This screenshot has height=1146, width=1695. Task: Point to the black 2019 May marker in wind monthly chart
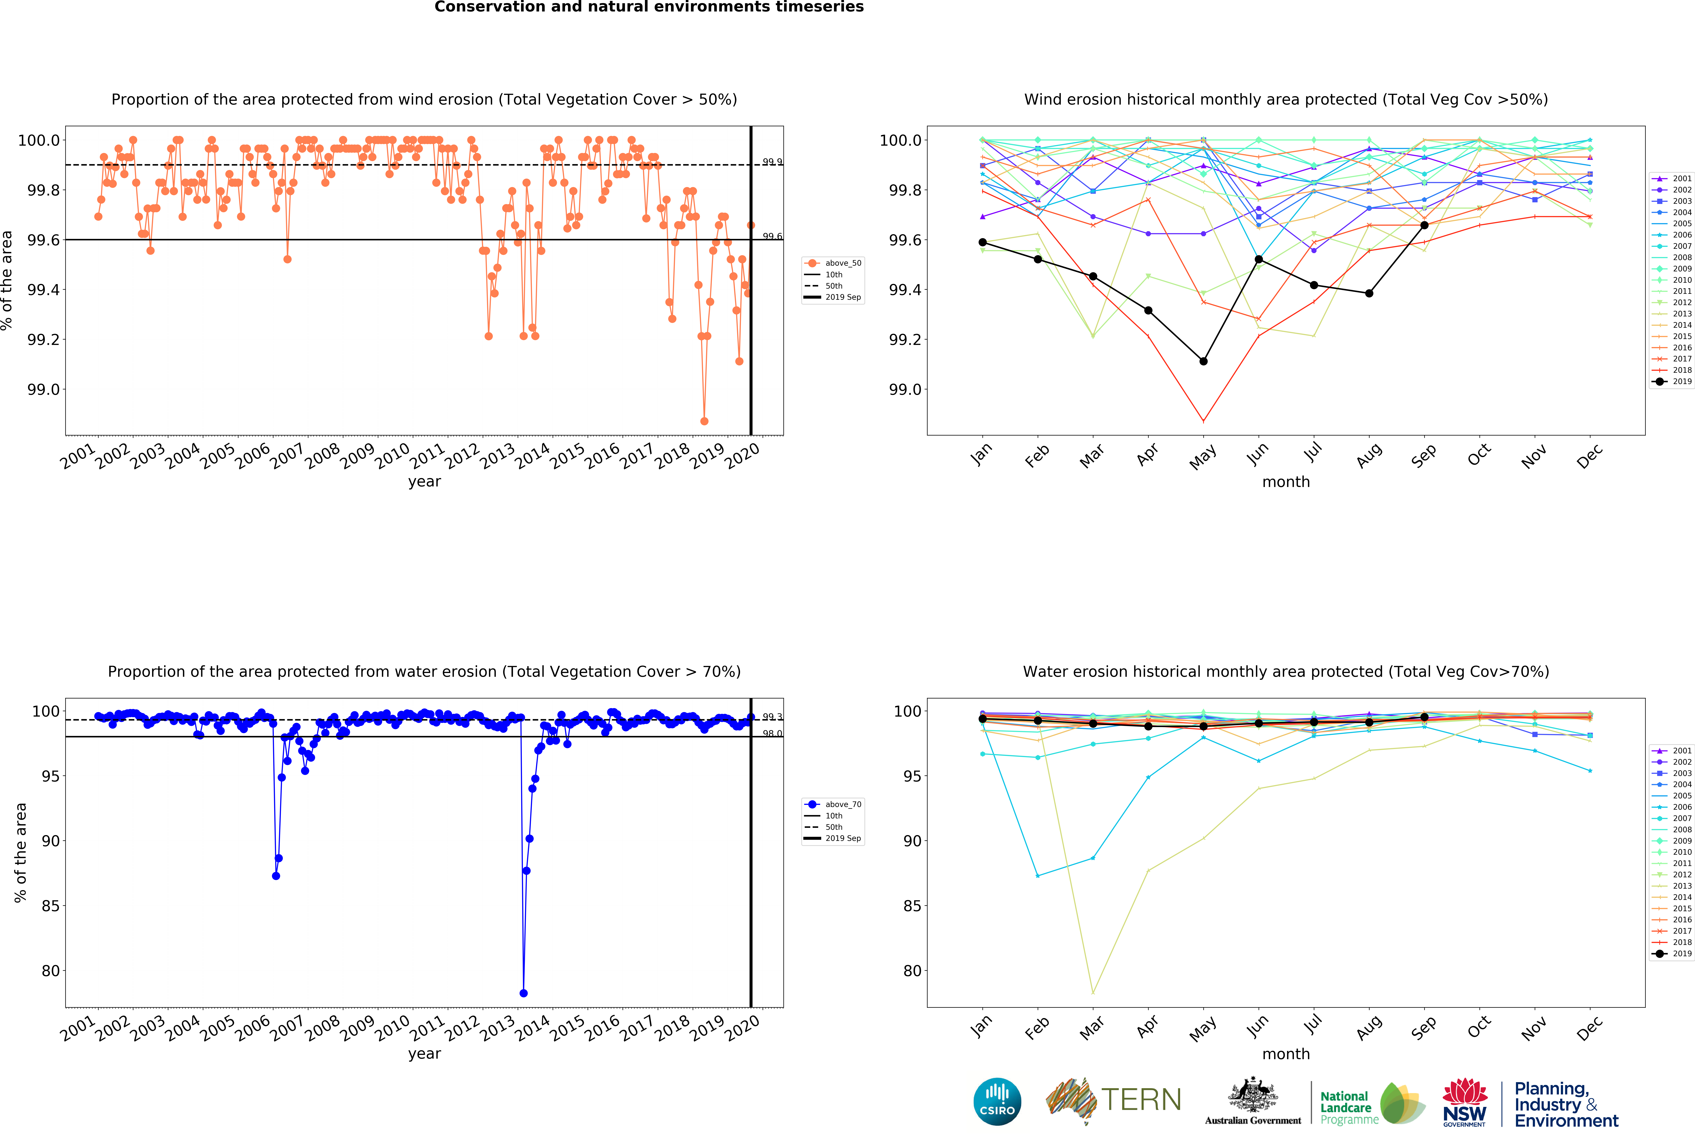(x=1203, y=361)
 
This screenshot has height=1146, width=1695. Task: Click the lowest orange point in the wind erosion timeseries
(x=704, y=421)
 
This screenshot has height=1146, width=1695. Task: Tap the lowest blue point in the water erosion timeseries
(x=523, y=993)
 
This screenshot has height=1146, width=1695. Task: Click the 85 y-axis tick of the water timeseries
(x=50, y=906)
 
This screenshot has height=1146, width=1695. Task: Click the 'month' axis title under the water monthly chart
(x=1286, y=1054)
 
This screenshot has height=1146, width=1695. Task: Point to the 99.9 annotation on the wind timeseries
(x=772, y=162)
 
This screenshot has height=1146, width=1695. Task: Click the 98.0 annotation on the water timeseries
(x=772, y=734)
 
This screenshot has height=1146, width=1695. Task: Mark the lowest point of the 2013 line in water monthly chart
(x=1093, y=993)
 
